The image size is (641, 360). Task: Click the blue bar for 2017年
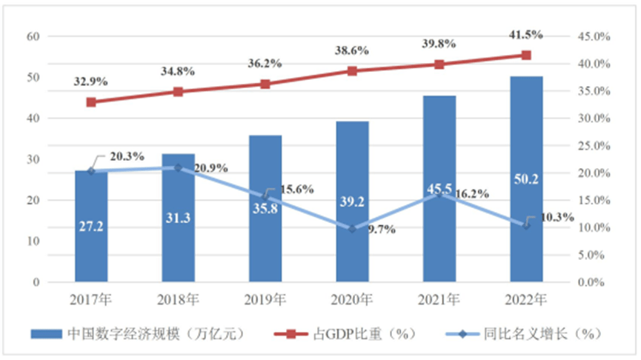coord(91,226)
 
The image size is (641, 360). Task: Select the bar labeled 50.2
coord(526,179)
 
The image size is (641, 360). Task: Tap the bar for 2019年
coord(265,209)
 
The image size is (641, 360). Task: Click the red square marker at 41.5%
coord(526,55)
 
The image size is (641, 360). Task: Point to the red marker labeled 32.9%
coord(91,102)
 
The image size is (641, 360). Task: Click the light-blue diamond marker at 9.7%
coord(353,229)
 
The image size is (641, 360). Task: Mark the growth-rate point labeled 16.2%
coord(439,194)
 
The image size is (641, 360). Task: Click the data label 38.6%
coord(353,51)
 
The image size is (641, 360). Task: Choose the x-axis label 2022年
coord(526,299)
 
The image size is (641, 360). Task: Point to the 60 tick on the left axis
coord(34,36)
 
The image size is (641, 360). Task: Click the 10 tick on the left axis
coord(34,241)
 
